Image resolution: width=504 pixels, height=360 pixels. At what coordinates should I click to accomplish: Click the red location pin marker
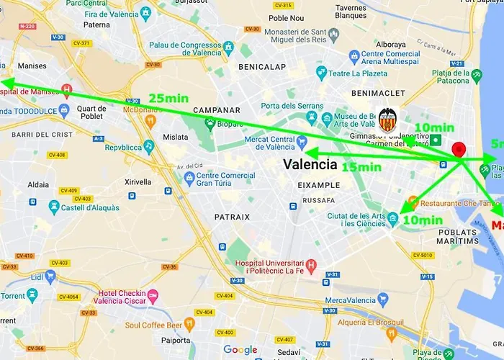[x=459, y=150]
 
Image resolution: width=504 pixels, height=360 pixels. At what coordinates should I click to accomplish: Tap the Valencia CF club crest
[x=388, y=119]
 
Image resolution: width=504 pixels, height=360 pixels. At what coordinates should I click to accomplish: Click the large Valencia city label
[x=310, y=164]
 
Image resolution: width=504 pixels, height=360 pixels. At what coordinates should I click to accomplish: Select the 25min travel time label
[x=168, y=98]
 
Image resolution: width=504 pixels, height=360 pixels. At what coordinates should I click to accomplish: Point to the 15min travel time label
[x=361, y=167]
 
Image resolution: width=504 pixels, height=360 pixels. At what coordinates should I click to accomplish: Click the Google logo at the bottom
[x=240, y=350]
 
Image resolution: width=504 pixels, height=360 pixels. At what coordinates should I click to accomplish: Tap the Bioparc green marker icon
[x=210, y=123]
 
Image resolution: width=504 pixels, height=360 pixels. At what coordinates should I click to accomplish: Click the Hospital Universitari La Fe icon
[x=311, y=266]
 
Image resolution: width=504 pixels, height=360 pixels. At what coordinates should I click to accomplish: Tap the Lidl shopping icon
[x=50, y=276]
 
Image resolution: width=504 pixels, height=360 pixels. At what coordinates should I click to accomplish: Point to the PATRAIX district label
[x=232, y=216]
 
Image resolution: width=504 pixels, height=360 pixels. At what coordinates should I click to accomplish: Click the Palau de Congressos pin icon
[x=229, y=49]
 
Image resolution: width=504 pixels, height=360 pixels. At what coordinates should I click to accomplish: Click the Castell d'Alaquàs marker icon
[x=54, y=207]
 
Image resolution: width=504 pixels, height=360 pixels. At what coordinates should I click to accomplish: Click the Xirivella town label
[x=139, y=183]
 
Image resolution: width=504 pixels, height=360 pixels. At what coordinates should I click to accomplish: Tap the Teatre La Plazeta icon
[x=321, y=73]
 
